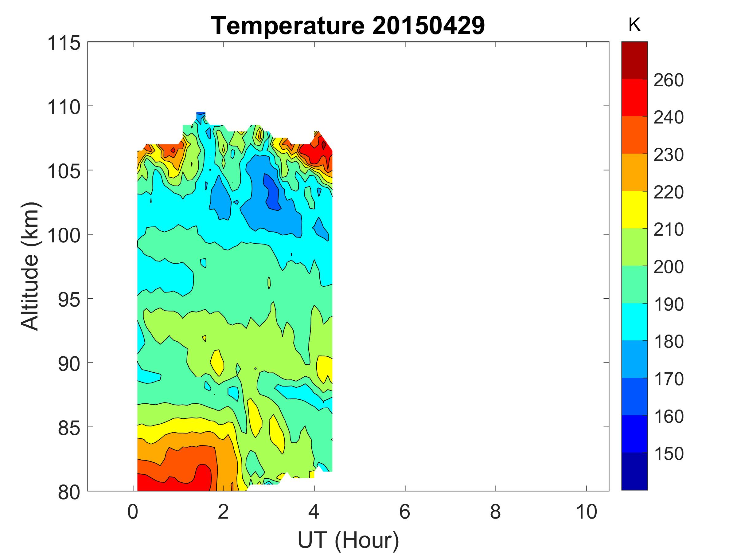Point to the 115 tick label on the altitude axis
pyautogui.click(x=64, y=43)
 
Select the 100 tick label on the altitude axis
pyautogui.click(x=64, y=236)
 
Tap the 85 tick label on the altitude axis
pyautogui.click(x=69, y=428)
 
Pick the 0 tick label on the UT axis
pyautogui.click(x=133, y=512)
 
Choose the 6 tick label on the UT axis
pyautogui.click(x=405, y=512)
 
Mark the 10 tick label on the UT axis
pyautogui.click(x=586, y=512)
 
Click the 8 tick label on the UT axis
pyautogui.click(x=495, y=512)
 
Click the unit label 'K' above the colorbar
pyautogui.click(x=634, y=25)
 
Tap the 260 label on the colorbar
pyautogui.click(x=668, y=80)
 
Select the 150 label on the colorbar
pyautogui.click(x=668, y=453)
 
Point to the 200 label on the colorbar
pyautogui.click(x=668, y=267)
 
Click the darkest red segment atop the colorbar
pyautogui.click(x=634, y=60)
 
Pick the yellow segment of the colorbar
pyautogui.click(x=634, y=209)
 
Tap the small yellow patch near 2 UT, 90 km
pyautogui.click(x=217, y=362)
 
